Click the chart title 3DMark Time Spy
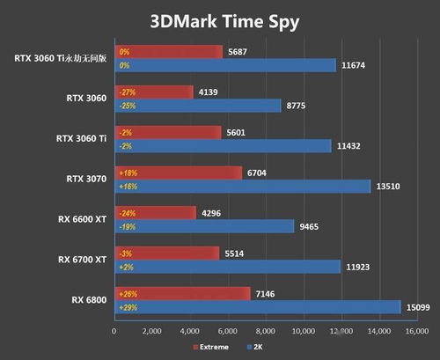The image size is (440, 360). pyautogui.click(x=219, y=20)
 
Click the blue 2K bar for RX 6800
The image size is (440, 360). pyautogui.click(x=255, y=306)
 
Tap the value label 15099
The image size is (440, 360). pyautogui.click(x=414, y=307)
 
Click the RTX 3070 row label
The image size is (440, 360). pyautogui.click(x=85, y=180)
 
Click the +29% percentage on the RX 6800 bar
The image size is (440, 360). pyautogui.click(x=128, y=307)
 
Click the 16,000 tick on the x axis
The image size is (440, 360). pyautogui.click(x=417, y=332)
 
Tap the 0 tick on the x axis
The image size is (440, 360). pyautogui.click(x=114, y=332)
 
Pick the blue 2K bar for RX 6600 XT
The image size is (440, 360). pyautogui.click(x=202, y=226)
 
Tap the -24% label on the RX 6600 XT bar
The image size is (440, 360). pyautogui.click(x=128, y=212)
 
